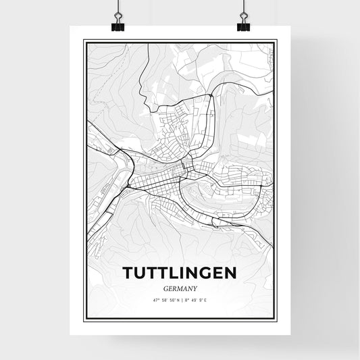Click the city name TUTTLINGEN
[x=180, y=272]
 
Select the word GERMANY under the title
[x=180, y=287]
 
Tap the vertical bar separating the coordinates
[x=182, y=299]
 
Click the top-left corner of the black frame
[x=84, y=41]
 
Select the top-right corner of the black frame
[x=276, y=41]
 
